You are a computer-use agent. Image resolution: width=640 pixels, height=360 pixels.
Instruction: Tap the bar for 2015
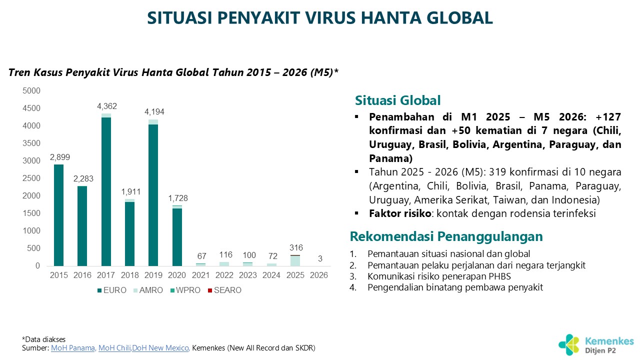tap(59, 215)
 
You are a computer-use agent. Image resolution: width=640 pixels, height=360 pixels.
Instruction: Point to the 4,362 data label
tap(106, 106)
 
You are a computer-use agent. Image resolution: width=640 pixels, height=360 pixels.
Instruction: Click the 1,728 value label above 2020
tap(177, 198)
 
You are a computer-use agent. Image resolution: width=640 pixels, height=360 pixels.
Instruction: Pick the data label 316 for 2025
tap(296, 248)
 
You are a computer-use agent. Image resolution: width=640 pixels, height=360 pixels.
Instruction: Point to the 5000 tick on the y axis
tap(31, 90)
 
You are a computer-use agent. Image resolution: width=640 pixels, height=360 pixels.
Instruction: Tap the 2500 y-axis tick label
tap(31, 178)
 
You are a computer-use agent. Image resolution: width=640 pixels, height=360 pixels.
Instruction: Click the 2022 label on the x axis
tap(224, 275)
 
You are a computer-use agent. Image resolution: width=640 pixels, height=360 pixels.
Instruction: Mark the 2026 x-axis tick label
tap(319, 275)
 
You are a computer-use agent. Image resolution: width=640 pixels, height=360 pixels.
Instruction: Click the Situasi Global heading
tap(397, 100)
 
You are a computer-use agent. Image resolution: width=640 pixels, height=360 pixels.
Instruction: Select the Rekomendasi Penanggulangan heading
tap(446, 236)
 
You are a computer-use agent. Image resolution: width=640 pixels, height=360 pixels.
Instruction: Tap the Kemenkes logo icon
tap(569, 344)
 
